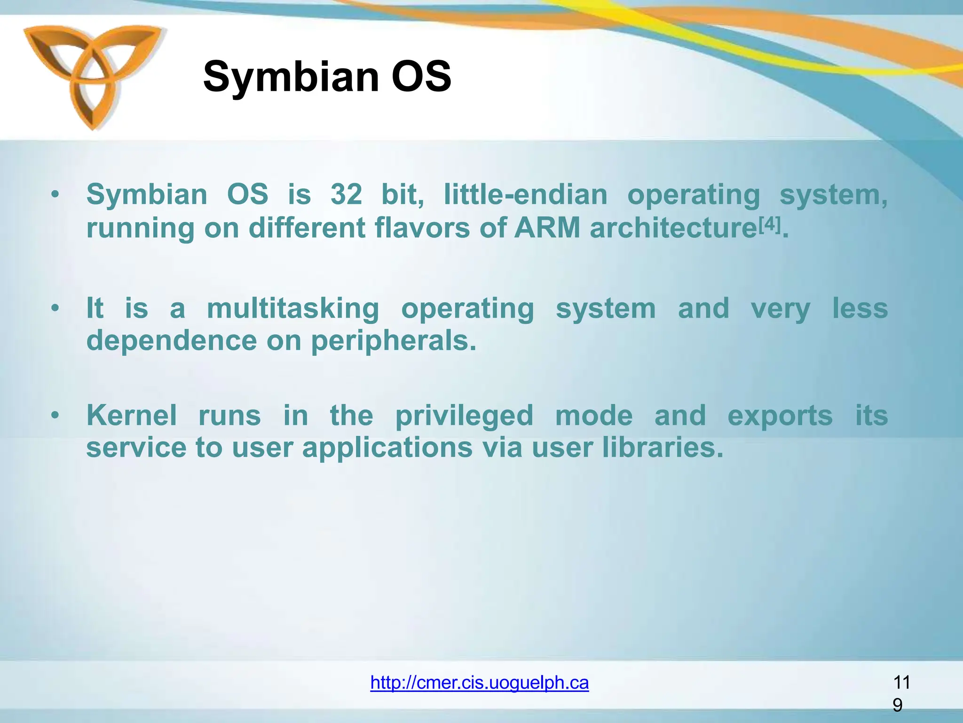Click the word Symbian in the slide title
coord(291,77)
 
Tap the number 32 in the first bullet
coord(346,194)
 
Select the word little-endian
coord(525,194)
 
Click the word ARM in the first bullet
coord(547,228)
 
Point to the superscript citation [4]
coord(769,225)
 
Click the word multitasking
coord(293,309)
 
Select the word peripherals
coord(394,341)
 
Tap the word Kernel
coord(131,415)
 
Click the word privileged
coord(464,416)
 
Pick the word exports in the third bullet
coord(780,416)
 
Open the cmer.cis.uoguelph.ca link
coord(479,682)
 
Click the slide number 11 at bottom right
coord(901,682)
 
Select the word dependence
coord(172,341)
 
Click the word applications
coord(387,448)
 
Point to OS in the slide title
coord(421,77)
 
